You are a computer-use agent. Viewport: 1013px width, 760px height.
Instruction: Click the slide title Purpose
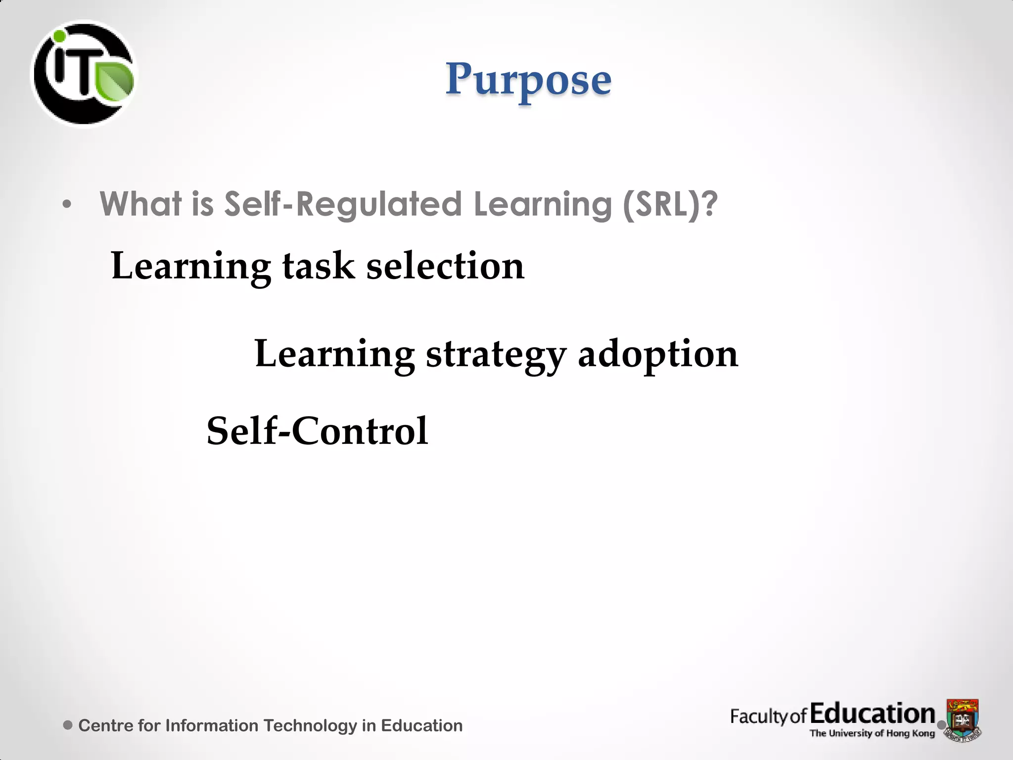click(x=528, y=80)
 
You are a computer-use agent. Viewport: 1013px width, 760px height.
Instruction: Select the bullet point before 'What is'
click(x=67, y=204)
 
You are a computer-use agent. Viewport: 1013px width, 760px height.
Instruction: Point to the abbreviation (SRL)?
click(x=670, y=204)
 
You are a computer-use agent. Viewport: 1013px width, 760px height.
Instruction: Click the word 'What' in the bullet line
click(x=140, y=204)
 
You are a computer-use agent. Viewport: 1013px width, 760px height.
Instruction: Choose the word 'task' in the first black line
click(x=318, y=266)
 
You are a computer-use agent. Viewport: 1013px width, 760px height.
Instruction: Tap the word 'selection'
click(x=445, y=266)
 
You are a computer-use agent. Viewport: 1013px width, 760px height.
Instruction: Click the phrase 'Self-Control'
click(x=317, y=431)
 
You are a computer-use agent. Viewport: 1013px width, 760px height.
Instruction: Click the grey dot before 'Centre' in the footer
click(x=68, y=725)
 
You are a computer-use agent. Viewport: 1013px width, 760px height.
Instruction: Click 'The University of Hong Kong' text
click(x=872, y=733)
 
